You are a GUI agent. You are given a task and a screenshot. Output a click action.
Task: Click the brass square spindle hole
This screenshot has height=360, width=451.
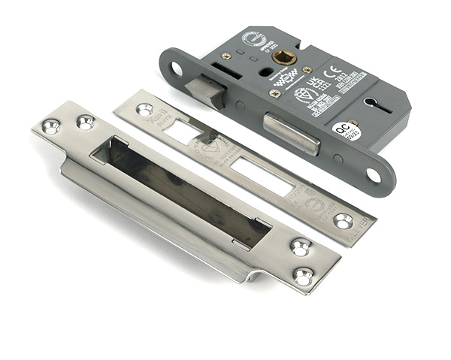[283, 57]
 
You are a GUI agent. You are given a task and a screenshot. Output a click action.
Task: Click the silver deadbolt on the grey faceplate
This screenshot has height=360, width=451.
[290, 133]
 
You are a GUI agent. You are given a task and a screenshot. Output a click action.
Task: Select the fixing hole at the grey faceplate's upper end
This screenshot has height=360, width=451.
[177, 69]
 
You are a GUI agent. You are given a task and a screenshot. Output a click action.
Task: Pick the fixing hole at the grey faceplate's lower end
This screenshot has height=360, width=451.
[373, 176]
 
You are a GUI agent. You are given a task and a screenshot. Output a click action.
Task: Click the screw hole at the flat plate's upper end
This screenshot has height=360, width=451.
[144, 110]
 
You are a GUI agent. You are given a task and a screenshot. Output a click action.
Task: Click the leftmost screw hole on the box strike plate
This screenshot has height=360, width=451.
[51, 126]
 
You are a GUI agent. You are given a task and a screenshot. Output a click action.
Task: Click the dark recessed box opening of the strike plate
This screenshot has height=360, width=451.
[180, 192]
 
